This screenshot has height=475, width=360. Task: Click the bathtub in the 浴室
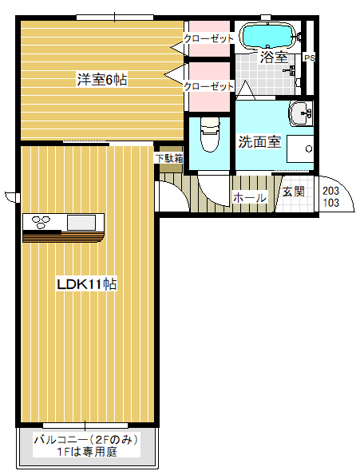pos(267,36)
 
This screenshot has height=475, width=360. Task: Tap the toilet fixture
pos(210,135)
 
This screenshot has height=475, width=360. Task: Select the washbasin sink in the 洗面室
pos(301,113)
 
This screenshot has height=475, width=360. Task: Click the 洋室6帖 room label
pos(102,79)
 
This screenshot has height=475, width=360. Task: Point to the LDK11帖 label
pos(87,284)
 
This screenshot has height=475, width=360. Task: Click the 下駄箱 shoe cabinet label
pos(169,158)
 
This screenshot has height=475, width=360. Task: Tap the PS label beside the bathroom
pos(310,57)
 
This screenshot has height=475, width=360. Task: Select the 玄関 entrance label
pos(294,192)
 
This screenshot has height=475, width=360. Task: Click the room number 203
pos(330,191)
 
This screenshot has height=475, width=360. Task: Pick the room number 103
pos(331,203)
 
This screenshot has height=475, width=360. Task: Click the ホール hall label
pos(250,198)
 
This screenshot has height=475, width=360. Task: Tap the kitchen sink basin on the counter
pos(81,223)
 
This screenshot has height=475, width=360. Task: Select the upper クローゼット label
pos(209,38)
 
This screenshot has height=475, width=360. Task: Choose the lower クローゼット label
pos(209,86)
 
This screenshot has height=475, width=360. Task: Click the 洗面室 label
pos(259,141)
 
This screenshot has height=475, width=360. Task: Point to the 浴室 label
pos(274,57)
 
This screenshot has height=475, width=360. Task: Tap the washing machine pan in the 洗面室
pos(300,149)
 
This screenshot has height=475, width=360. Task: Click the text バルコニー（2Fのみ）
pos(86,440)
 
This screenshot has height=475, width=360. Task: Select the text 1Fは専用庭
pos(87,452)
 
